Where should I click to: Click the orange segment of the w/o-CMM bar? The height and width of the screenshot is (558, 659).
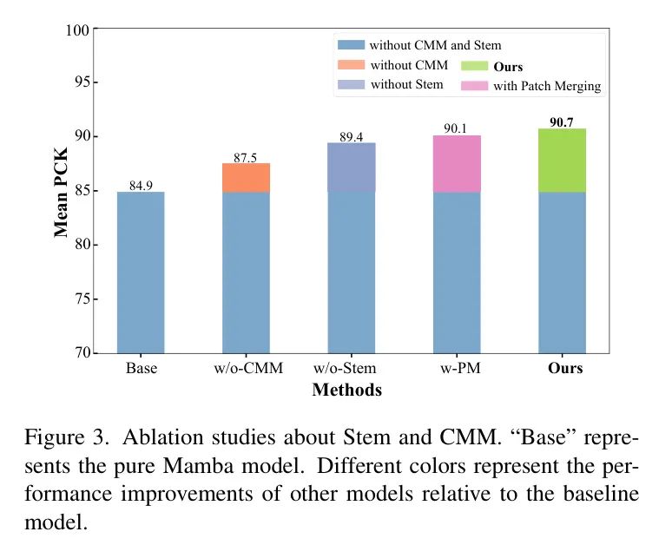(246, 177)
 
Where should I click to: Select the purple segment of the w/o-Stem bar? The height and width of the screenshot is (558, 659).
(351, 167)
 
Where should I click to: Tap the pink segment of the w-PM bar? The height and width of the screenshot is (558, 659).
(457, 163)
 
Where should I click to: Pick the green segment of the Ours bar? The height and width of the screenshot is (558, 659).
(562, 160)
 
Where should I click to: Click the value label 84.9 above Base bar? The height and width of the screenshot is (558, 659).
(141, 184)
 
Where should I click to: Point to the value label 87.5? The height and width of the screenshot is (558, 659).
(246, 157)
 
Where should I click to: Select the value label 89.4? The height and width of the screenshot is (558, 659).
(351, 136)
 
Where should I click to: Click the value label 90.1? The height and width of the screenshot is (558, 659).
(457, 128)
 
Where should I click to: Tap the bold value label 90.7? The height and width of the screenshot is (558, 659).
(562, 122)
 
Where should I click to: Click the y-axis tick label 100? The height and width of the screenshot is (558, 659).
(77, 30)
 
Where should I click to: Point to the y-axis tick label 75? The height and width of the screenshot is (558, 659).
(80, 299)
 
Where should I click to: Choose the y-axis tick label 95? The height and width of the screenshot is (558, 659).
(80, 83)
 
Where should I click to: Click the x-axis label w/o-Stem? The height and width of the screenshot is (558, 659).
(351, 369)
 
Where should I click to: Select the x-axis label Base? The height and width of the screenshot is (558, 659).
(141, 369)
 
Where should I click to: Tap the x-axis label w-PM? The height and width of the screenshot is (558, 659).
(457, 369)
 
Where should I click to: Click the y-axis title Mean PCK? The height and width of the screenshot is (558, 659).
(62, 193)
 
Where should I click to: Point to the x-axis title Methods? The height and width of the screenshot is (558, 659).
(346, 391)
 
